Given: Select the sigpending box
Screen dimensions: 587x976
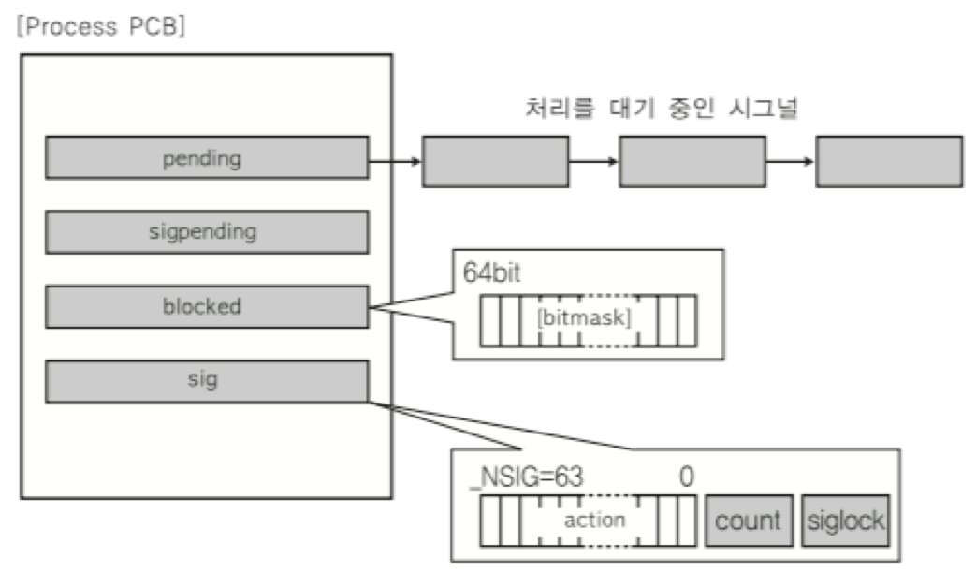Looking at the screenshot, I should click(x=206, y=231).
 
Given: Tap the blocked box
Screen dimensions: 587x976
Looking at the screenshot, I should click(x=206, y=307).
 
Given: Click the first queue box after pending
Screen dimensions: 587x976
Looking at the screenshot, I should click(x=496, y=161).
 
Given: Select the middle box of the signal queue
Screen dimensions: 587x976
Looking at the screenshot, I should click(x=692, y=161).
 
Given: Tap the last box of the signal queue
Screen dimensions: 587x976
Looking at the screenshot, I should click(x=889, y=161).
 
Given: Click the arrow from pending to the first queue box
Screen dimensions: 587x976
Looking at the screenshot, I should click(x=395, y=160).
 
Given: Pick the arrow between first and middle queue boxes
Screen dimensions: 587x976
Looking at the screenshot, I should click(x=593, y=161).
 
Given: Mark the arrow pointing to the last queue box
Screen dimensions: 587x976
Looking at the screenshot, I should click(x=791, y=161).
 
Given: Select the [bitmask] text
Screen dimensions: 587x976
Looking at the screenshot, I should click(x=585, y=316).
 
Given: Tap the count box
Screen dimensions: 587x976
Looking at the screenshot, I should click(x=748, y=521).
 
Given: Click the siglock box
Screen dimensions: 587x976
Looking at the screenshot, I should click(x=844, y=521).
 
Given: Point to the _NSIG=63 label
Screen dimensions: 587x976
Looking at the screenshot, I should click(x=526, y=477).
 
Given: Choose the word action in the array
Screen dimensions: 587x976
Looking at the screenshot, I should click(x=594, y=519).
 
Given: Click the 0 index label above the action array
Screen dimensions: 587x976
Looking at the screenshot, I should click(x=686, y=477).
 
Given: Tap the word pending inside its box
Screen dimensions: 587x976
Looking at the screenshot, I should click(x=206, y=158).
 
